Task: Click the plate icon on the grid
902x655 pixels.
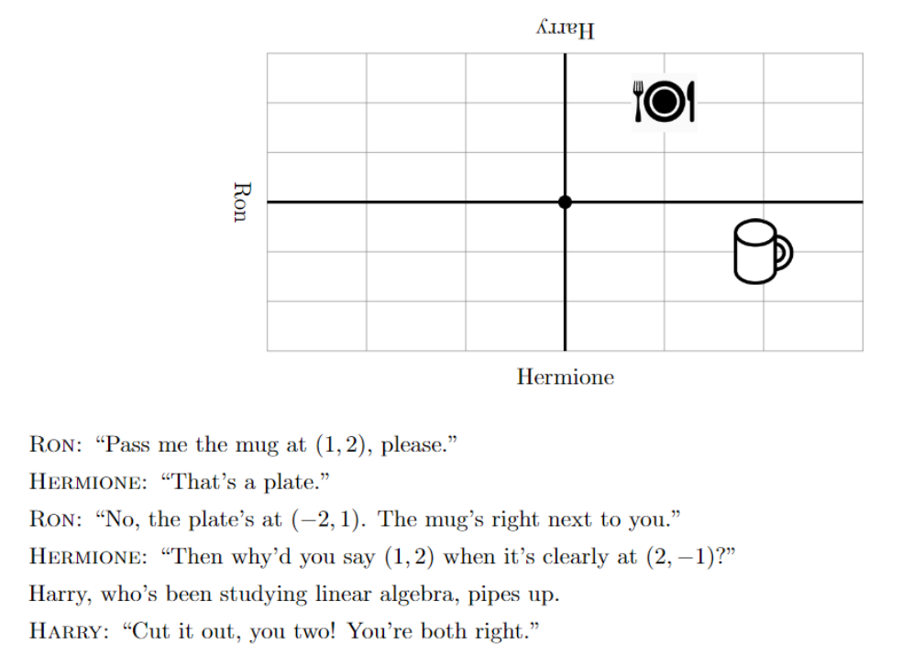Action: (665, 102)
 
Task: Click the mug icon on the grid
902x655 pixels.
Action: (761, 250)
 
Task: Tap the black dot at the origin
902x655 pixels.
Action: (565, 202)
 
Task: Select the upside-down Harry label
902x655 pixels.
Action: (565, 31)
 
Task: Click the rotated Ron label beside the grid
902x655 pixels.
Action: (240, 202)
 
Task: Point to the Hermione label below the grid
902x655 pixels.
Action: (565, 377)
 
